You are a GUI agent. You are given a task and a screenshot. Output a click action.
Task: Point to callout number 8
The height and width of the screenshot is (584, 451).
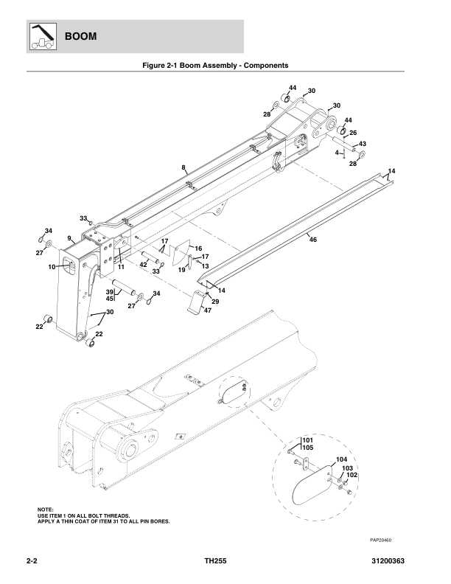pos(183,168)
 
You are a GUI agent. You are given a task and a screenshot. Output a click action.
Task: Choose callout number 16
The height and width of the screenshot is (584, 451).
pos(198,248)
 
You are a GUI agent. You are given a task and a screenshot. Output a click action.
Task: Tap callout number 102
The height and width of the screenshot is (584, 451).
pos(352,476)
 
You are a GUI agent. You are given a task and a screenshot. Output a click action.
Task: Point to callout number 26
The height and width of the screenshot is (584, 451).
pos(353,133)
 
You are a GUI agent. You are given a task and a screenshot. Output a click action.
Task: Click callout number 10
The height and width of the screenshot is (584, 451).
pos(53,266)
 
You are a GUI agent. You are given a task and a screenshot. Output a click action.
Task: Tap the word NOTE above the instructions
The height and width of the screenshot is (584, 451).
pos(46,510)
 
